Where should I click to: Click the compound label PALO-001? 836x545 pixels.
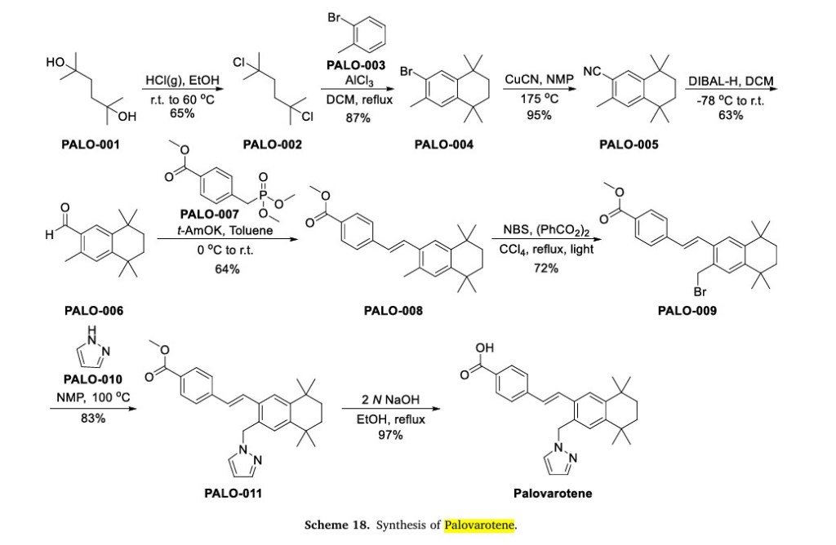90,145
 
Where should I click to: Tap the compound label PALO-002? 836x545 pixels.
272,145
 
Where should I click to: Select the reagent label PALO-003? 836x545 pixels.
356,64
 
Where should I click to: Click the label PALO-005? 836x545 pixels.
629,145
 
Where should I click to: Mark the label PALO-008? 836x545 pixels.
394,310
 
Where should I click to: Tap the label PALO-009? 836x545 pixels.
687,310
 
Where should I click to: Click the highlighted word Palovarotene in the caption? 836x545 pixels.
480,525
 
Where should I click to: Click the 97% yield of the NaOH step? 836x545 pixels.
390,435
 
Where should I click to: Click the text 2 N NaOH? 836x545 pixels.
390,401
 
